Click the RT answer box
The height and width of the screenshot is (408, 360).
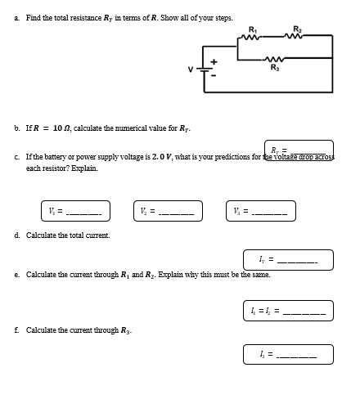[x=299, y=148]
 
